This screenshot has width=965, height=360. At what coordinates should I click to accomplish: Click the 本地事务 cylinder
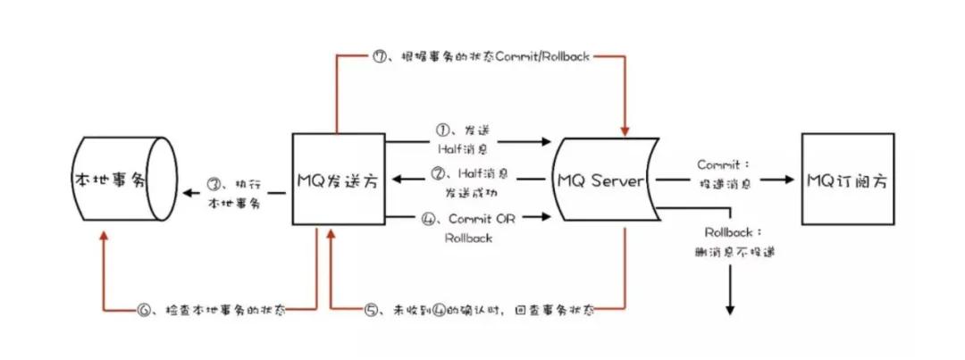(112, 180)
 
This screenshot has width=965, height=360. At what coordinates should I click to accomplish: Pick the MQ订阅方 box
(843, 179)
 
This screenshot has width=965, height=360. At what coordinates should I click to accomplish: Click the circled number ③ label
(214, 184)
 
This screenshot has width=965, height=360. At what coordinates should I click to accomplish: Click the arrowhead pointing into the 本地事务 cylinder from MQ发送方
(186, 192)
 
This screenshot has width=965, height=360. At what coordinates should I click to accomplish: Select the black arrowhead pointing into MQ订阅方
(788, 180)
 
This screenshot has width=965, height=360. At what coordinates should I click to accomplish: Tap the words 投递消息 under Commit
(725, 183)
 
